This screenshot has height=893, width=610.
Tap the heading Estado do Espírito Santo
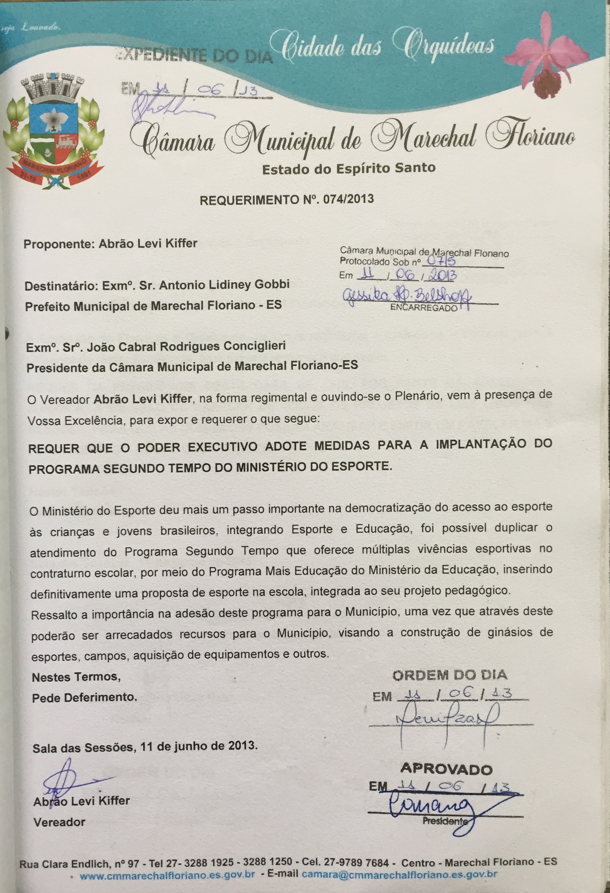[x=348, y=168]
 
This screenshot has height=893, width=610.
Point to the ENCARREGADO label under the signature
[x=424, y=308]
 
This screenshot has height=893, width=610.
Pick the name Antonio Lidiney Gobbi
[x=224, y=285]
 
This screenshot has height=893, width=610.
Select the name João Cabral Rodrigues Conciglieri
[x=186, y=347]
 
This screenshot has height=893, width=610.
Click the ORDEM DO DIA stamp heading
[x=450, y=675]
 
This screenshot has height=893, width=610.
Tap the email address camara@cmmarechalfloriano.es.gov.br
[x=400, y=874]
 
